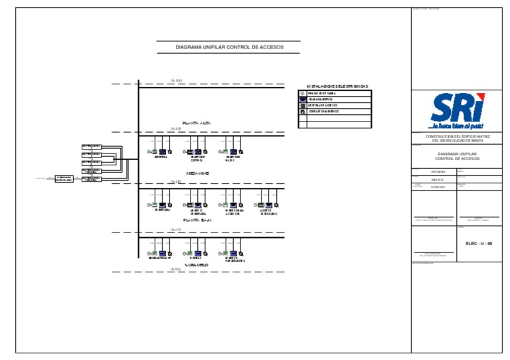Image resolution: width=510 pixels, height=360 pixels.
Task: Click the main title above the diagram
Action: (x=228, y=48)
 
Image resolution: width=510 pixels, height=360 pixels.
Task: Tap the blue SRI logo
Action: (x=457, y=108)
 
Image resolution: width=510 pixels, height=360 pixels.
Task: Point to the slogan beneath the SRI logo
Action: (x=457, y=126)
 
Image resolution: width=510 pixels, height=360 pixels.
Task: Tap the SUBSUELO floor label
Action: (x=197, y=264)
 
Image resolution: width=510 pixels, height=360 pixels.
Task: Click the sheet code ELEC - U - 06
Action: (x=479, y=244)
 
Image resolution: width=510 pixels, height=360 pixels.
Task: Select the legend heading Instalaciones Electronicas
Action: (x=337, y=87)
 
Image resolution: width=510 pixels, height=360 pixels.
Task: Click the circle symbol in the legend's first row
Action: (x=303, y=94)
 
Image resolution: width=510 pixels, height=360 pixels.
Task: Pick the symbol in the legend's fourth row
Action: (x=303, y=111)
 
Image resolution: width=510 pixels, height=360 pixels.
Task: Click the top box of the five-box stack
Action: (x=92, y=146)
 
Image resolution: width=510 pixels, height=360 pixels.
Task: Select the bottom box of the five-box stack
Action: (x=92, y=179)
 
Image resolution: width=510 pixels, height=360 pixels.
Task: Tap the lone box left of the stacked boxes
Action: (x=64, y=179)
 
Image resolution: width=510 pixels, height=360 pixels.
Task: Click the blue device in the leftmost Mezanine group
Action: (x=162, y=151)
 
